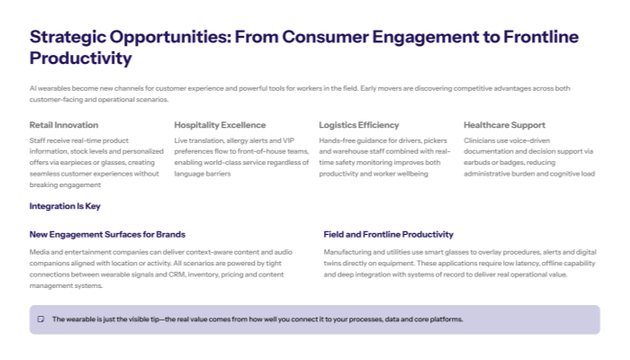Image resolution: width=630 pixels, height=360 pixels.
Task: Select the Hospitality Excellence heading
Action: click(220, 125)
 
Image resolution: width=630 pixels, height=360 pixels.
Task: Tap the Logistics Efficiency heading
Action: click(359, 125)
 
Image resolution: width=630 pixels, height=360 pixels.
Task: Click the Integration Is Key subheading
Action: click(65, 206)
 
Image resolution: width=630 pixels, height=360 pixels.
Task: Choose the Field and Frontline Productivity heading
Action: click(389, 234)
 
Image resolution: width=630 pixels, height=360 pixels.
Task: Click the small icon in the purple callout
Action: click(40, 319)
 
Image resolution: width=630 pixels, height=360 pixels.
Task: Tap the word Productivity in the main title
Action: click(81, 58)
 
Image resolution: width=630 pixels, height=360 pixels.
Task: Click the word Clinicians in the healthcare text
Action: click(481, 141)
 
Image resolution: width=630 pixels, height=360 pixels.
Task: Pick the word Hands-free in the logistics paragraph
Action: click(338, 141)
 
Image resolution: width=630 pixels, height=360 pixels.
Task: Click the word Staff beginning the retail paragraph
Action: click(38, 141)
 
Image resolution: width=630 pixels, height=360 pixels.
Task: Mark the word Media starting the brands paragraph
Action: click(39, 252)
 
